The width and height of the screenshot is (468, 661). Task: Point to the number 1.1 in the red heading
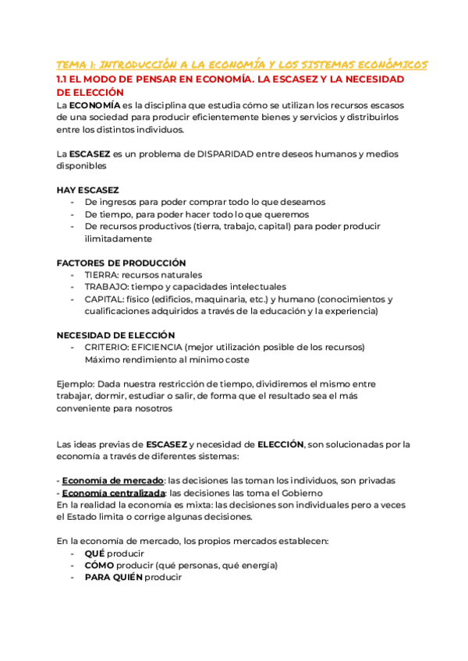click(x=64, y=80)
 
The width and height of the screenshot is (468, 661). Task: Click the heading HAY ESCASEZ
click(x=87, y=189)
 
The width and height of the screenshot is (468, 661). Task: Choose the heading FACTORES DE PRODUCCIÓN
click(x=121, y=263)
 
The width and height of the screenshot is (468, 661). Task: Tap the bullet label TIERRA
click(x=101, y=274)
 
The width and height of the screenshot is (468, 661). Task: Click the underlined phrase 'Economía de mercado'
click(x=112, y=480)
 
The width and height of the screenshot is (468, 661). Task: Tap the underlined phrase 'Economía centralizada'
click(x=114, y=493)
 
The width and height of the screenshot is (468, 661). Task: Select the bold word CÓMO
click(x=99, y=565)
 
